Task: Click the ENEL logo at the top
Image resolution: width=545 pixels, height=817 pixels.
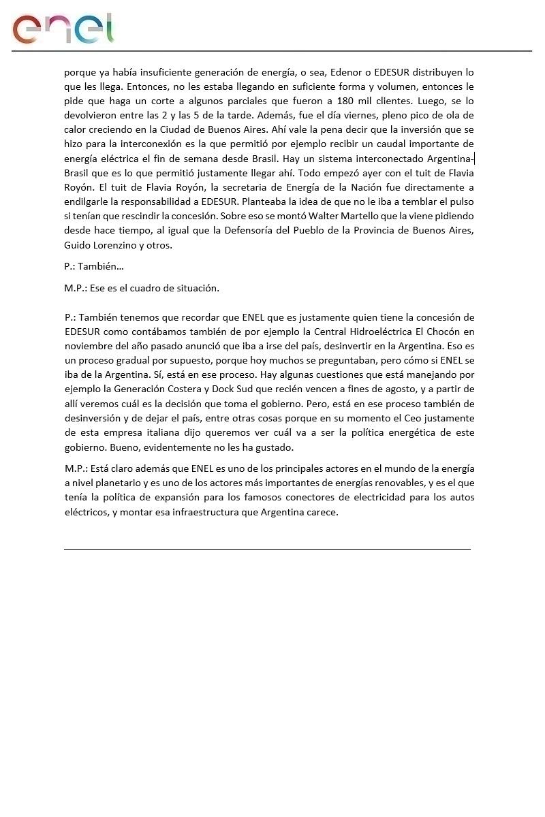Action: (63, 29)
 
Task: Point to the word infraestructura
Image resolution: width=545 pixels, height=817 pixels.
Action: (202, 512)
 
